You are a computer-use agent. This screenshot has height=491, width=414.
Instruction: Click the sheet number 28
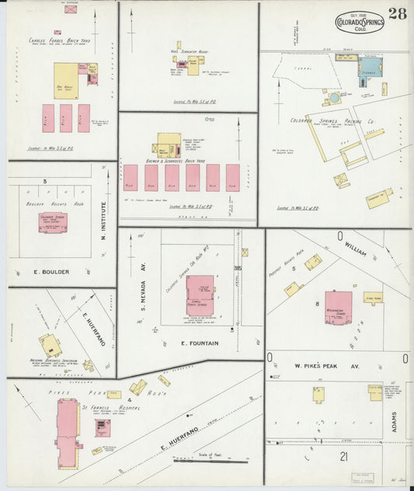point(397,13)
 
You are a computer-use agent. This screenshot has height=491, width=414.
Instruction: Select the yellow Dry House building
point(66,81)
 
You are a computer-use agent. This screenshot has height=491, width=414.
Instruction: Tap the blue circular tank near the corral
point(334,99)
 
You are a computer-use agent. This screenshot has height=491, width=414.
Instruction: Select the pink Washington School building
point(339,305)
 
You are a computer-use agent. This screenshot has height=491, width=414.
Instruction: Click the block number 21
point(343,456)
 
